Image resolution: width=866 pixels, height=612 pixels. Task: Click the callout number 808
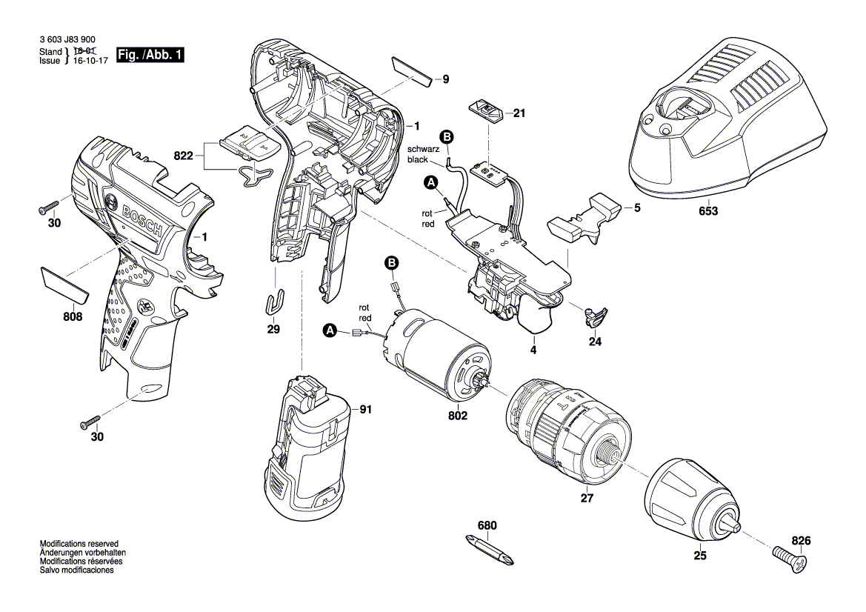73,316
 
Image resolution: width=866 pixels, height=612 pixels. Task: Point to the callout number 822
183,156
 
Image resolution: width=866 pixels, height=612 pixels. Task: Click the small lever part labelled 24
596,317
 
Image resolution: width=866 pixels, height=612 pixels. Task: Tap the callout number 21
519,114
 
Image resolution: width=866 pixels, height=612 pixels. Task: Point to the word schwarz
422,149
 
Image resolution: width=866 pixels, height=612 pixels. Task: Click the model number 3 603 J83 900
66,42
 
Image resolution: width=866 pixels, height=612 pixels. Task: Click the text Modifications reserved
79,544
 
